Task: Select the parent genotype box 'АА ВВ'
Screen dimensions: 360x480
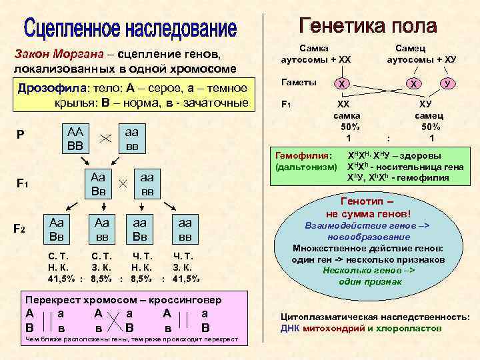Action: [x=74, y=138]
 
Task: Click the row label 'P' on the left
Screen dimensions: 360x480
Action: [x=21, y=135]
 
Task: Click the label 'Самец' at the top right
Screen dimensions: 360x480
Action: [x=411, y=49]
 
